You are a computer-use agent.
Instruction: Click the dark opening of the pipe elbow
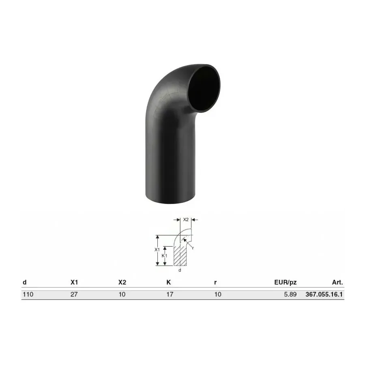click(204, 88)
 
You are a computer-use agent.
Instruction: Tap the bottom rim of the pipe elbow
click(170, 201)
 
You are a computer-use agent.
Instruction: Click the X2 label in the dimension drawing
click(186, 219)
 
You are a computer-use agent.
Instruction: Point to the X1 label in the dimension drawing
click(157, 249)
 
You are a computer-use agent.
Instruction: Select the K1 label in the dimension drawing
click(164, 255)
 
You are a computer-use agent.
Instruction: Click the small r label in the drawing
click(193, 248)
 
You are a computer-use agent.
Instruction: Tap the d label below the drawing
click(180, 270)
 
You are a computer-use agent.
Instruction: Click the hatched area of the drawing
click(180, 255)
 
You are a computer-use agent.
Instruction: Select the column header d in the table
click(25, 282)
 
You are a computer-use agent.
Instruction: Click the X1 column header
click(74, 282)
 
